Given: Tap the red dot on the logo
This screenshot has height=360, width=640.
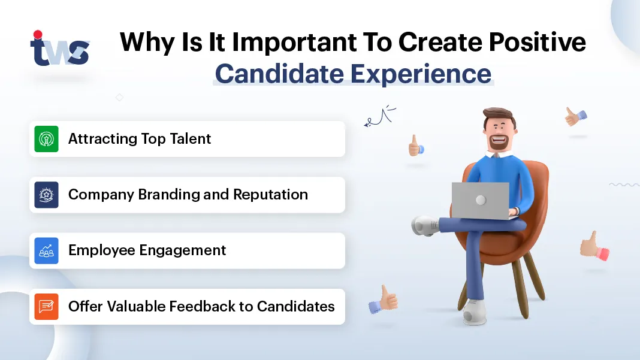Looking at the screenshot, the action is pos(38,34).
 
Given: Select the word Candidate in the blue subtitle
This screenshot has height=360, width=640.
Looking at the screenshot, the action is pos(280,74).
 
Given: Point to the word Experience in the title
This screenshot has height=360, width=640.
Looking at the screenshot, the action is pos(421,74).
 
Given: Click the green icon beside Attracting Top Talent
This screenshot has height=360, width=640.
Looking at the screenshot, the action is pos(46,139).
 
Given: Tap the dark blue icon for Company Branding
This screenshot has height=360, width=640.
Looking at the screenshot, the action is pos(46,195).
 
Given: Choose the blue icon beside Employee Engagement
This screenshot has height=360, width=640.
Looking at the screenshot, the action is pos(46,250).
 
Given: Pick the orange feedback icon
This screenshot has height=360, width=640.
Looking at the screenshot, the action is pos(46,307).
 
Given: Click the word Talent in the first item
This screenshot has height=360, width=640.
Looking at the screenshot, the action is pos(191,139).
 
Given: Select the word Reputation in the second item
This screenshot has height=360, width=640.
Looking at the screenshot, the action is pos(271,195).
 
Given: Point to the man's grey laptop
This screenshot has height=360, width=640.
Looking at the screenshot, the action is pos(481,201).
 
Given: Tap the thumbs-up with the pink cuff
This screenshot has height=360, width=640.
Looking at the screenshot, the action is pos(594,246).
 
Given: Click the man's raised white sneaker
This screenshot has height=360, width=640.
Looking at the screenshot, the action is pos(424,226).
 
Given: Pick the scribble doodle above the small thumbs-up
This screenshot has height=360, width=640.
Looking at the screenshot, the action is pos(380,116).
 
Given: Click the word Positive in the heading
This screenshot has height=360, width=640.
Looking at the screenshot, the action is pos(537,42).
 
